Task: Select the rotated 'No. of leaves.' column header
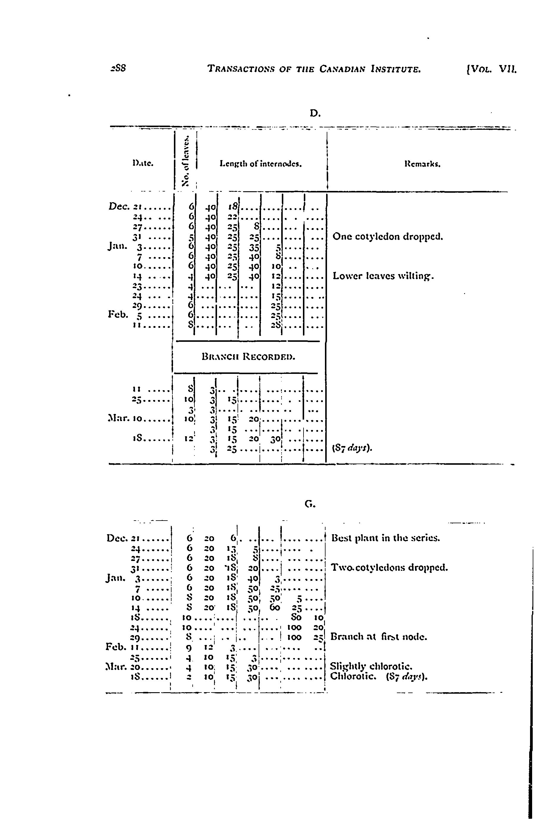click(x=186, y=161)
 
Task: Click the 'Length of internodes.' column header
click(x=260, y=165)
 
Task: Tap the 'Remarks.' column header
click(x=423, y=165)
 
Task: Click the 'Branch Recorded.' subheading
click(x=248, y=357)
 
